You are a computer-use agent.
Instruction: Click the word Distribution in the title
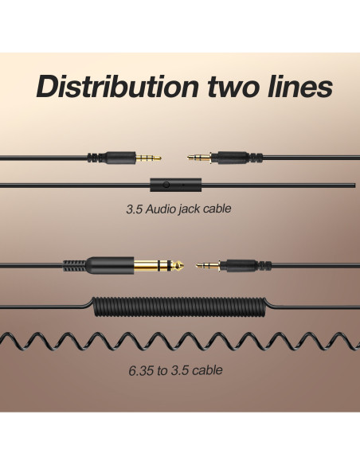117,86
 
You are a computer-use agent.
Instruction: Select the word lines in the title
299,86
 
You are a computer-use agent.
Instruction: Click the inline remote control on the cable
175,185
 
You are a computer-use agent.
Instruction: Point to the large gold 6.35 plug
159,265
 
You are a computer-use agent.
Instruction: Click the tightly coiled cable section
180,307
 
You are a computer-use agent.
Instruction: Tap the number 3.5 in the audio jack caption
134,209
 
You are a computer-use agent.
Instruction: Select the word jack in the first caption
186,209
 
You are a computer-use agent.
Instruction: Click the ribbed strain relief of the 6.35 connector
75,265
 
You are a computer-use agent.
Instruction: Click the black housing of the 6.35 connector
110,265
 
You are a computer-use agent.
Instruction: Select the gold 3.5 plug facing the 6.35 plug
208,265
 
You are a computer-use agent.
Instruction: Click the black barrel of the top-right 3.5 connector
230,157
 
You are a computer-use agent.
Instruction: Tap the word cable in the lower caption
207,370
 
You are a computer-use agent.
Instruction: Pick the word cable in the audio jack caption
216,209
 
